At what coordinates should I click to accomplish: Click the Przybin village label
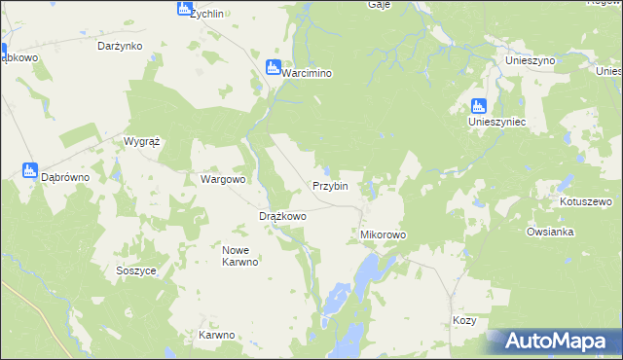330,186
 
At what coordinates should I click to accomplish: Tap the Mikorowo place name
383,235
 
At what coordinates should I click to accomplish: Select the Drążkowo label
282,216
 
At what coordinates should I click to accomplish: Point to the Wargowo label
223,179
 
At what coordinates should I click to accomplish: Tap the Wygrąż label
141,141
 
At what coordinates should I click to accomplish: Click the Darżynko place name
121,46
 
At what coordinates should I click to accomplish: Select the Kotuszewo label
585,202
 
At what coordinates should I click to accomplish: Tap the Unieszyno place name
530,60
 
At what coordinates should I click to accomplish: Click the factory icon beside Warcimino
274,67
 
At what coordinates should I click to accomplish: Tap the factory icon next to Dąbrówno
29,171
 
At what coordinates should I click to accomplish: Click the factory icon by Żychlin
184,9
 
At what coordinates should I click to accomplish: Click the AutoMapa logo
553,342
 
